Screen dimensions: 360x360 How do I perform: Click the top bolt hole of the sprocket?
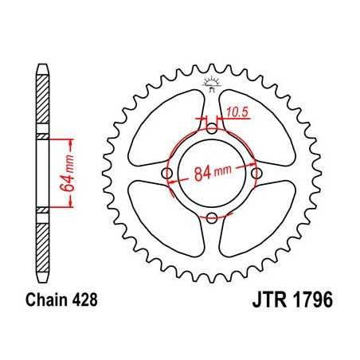pyautogui.click(x=211, y=128)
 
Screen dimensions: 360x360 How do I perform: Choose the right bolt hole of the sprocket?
pyautogui.click(x=256, y=173)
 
